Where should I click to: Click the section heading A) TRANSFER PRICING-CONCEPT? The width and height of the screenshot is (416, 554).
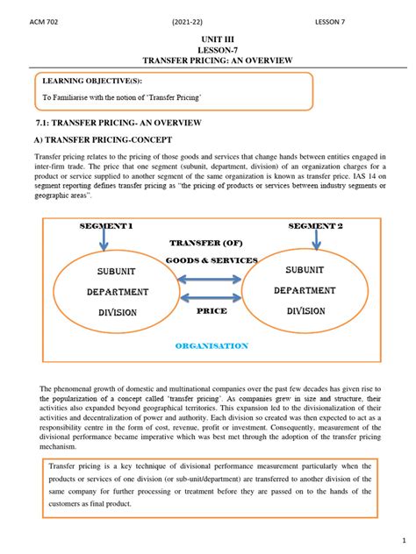tap(103, 140)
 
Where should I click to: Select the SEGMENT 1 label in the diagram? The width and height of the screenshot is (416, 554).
tap(106, 226)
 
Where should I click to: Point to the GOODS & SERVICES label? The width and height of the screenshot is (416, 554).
tap(212, 260)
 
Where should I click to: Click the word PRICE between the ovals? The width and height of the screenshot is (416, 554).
tap(212, 310)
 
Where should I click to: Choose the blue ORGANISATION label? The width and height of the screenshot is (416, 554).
tap(212, 346)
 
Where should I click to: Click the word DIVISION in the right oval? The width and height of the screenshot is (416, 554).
tap(300, 310)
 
